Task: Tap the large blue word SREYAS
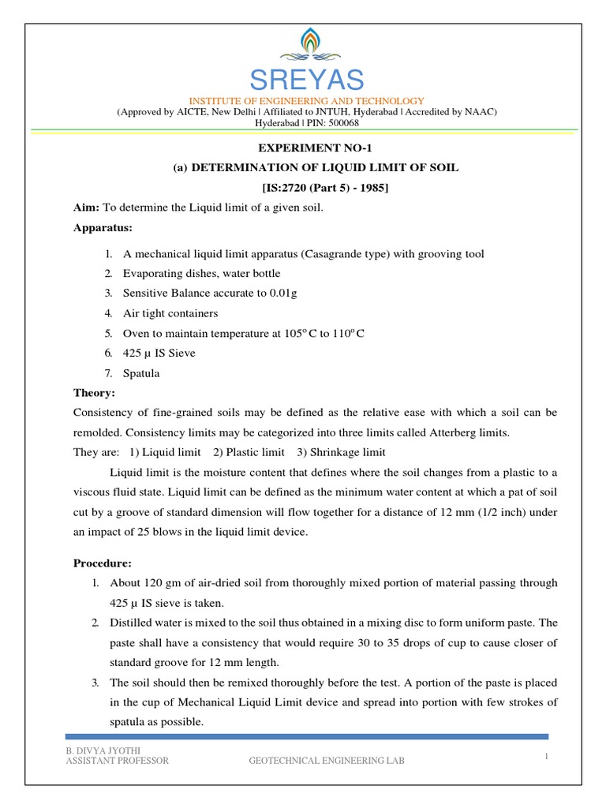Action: tap(307, 80)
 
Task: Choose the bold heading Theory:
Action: tap(94, 393)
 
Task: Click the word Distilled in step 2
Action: tap(132, 623)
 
